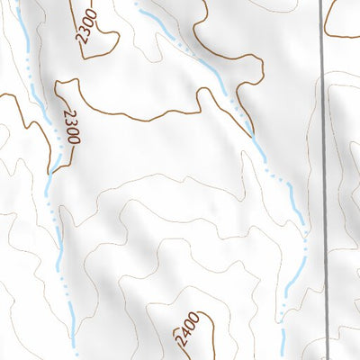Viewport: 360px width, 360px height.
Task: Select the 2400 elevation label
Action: click(184, 332)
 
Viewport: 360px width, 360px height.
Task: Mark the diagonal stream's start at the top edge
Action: click(139, 3)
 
